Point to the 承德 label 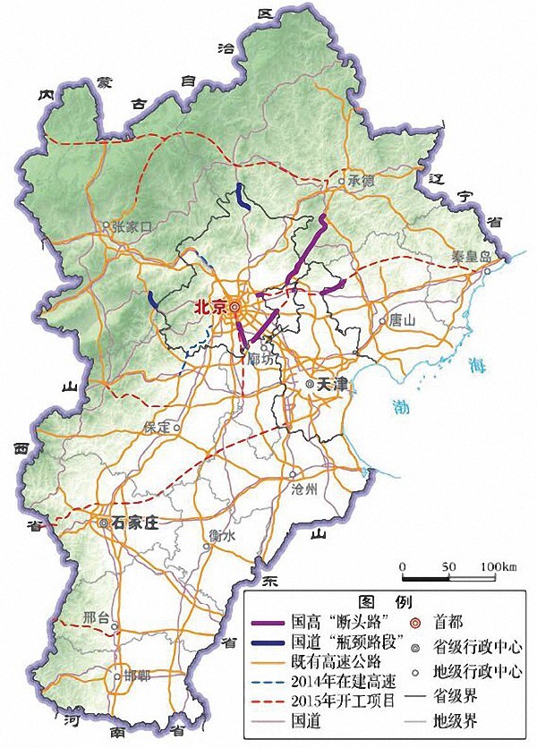point(360,182)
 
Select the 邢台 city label point(96,617)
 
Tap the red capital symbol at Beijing point(234,306)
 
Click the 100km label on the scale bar point(499,567)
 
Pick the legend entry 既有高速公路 point(335,660)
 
